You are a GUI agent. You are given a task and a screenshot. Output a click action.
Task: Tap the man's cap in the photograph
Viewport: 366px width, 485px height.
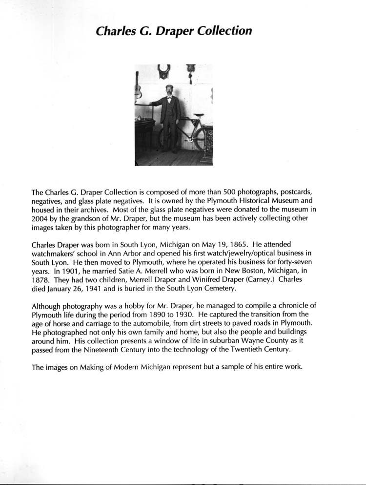pos(169,87)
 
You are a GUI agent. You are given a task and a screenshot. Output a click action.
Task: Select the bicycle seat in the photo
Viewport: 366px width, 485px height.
pos(198,116)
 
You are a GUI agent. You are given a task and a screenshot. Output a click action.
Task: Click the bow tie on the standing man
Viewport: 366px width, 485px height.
pos(169,98)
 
